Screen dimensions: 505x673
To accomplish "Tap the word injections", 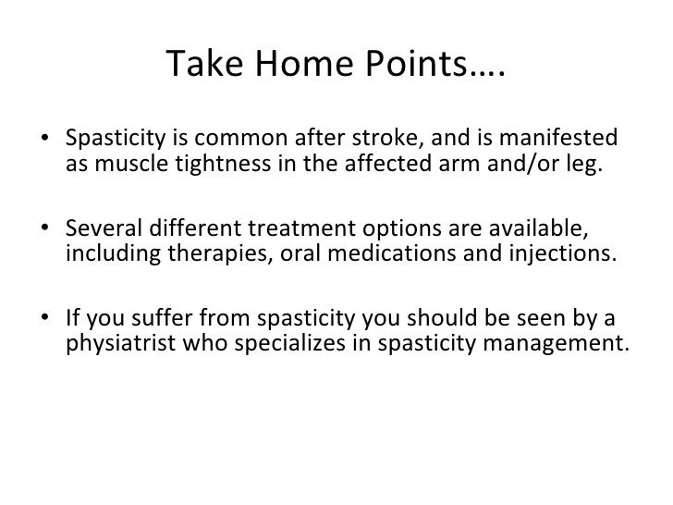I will [563, 254].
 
